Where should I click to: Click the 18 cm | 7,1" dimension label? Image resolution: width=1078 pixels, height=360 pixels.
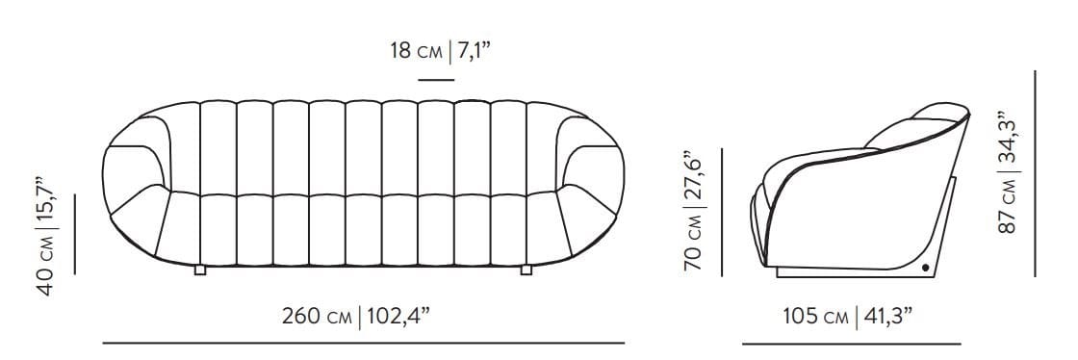point(441,51)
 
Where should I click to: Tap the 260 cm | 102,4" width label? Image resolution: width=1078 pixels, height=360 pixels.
point(356,316)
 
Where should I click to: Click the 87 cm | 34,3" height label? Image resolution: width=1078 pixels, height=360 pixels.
point(1006,171)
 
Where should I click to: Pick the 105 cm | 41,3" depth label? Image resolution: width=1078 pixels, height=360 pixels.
point(848,316)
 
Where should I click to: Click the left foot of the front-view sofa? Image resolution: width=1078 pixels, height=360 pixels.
point(200,270)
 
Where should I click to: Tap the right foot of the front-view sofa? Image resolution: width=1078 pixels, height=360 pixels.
point(526,270)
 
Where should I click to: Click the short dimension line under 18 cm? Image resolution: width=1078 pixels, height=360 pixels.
point(437,81)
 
